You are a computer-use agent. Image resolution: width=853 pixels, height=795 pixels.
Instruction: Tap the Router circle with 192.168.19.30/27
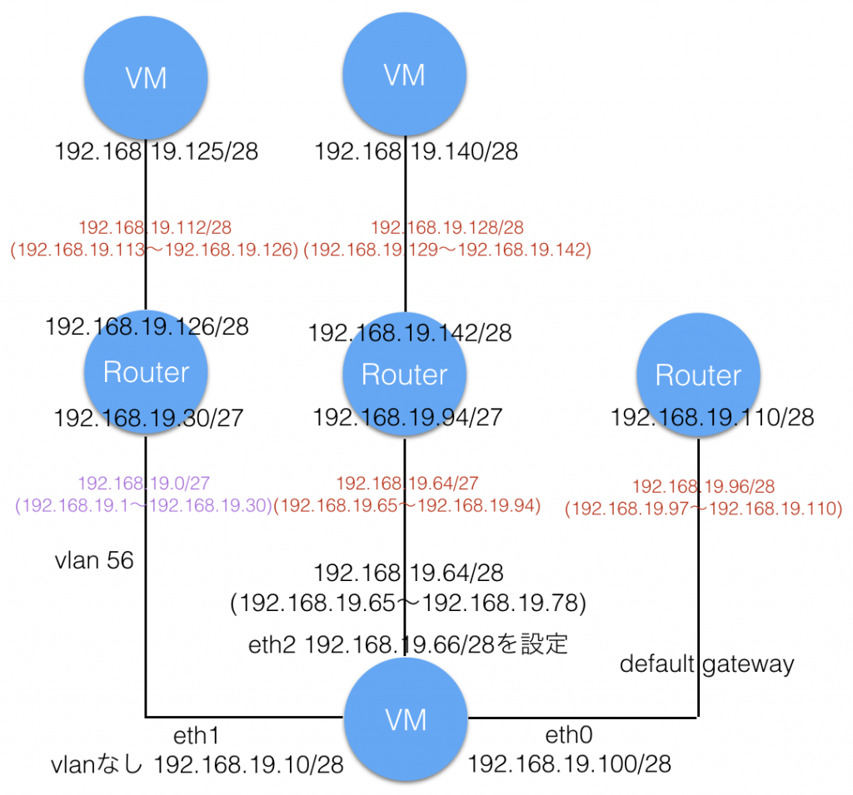tap(147, 374)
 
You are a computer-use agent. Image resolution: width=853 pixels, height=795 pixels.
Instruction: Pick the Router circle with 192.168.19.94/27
tap(405, 375)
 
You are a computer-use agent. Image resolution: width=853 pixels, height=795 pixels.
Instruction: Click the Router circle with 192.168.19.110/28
tap(698, 376)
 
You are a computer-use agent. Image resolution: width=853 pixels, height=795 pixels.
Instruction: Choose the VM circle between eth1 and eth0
tap(405, 718)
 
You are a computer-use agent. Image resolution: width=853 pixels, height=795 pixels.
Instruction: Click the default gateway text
tap(707, 664)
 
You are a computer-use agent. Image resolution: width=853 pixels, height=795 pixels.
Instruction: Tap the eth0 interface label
tap(569, 736)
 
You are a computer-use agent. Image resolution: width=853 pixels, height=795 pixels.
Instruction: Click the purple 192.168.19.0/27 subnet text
tap(147, 482)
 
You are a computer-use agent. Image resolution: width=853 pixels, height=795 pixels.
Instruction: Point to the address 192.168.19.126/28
tap(147, 326)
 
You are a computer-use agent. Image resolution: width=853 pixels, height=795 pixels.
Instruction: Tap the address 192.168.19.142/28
tap(410, 333)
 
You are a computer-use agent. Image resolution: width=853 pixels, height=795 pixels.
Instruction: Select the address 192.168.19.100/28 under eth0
tap(570, 763)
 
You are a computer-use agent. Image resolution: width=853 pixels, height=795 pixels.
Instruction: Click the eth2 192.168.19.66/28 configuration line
tap(408, 643)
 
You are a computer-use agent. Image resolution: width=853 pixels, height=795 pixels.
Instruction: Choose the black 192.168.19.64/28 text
tap(408, 572)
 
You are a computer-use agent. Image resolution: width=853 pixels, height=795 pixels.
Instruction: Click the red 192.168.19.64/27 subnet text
tap(407, 482)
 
